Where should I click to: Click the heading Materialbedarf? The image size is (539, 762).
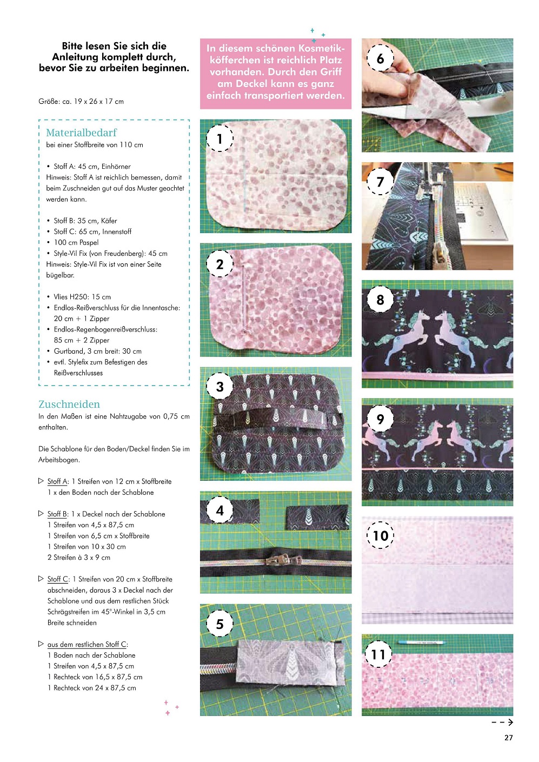click(x=81, y=132)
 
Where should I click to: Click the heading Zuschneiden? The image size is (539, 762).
click(x=69, y=404)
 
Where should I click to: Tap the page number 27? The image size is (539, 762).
click(x=508, y=738)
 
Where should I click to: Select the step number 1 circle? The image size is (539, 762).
click(x=219, y=138)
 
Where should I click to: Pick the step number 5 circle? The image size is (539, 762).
click(x=219, y=624)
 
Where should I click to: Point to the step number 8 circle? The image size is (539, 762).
click(x=380, y=300)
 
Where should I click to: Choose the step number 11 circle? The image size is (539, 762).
click(x=378, y=654)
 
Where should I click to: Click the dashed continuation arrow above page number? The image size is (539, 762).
click(x=502, y=722)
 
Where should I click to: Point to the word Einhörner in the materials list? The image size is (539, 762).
click(x=116, y=167)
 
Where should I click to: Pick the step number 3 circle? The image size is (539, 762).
click(x=219, y=387)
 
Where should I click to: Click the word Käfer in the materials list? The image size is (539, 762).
click(x=109, y=221)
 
